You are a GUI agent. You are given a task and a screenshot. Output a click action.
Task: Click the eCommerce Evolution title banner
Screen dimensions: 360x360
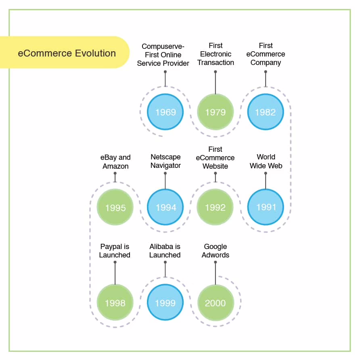(x=67, y=53)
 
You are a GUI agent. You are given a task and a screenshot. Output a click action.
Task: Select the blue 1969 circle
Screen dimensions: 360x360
(x=165, y=112)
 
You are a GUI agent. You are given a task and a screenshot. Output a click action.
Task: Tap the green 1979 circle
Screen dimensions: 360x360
(x=215, y=112)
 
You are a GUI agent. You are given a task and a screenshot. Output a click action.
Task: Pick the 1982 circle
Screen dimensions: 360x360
(x=265, y=112)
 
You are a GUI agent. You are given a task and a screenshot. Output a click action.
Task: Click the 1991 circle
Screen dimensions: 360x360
(x=266, y=207)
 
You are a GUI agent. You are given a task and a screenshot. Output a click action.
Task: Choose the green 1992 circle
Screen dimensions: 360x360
(x=215, y=207)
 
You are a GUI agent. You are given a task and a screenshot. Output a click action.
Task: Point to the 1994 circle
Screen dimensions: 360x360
(x=165, y=207)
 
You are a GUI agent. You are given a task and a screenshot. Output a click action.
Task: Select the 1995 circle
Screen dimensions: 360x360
(x=115, y=208)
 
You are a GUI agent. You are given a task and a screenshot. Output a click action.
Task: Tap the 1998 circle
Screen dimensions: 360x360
(x=115, y=303)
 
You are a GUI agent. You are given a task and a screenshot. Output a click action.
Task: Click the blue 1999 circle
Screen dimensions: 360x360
(x=165, y=303)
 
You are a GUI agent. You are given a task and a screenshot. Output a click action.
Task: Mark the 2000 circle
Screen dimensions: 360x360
(x=215, y=303)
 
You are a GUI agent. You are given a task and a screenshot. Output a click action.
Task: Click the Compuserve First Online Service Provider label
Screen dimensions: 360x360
(x=163, y=54)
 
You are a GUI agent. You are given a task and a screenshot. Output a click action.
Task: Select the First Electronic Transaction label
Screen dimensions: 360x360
(x=216, y=54)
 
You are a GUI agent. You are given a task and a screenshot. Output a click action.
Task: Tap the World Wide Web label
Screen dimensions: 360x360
(x=266, y=161)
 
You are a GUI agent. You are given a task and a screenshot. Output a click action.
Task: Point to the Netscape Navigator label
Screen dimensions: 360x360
(x=165, y=161)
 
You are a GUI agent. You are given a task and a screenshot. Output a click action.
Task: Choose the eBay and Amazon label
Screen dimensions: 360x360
(x=115, y=162)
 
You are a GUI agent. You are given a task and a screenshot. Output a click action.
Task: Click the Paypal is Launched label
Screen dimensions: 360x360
(x=115, y=251)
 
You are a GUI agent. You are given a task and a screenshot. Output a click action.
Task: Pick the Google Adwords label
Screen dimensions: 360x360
(x=216, y=251)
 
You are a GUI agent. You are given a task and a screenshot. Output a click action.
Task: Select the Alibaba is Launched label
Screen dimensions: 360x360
(x=165, y=251)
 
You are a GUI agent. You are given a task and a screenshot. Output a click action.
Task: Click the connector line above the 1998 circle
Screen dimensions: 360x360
(x=115, y=273)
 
